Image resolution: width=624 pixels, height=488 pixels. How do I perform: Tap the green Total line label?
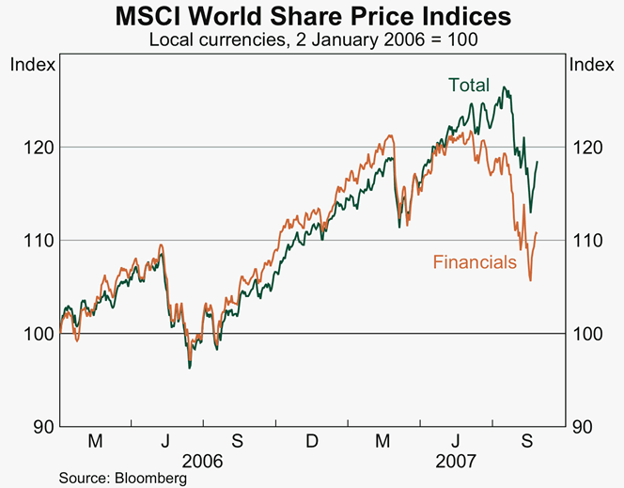pos(469,86)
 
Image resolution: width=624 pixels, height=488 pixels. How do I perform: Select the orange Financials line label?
pos(475,262)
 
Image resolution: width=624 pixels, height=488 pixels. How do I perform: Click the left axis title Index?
pos(31,65)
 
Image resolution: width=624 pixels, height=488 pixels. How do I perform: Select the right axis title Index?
pos(592,65)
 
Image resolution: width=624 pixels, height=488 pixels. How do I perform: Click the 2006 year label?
pos(204,463)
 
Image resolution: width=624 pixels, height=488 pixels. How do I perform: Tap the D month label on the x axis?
pos(312,442)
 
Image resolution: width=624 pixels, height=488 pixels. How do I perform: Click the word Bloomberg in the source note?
pos(149,479)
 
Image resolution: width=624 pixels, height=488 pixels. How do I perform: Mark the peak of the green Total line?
pos(506,87)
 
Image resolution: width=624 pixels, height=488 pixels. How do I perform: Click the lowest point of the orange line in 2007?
pos(531,280)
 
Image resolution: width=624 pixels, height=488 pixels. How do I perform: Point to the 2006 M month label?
pos(95,442)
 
